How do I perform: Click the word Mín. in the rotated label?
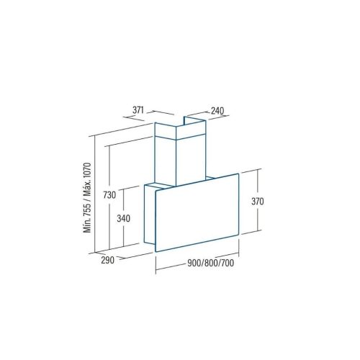88,228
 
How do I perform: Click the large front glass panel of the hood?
198,214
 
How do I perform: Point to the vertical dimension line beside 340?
120,217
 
